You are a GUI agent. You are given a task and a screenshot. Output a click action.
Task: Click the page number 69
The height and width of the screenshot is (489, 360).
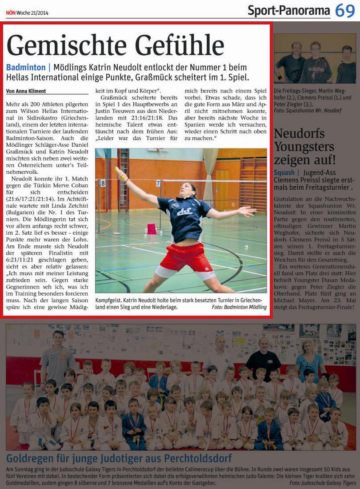coord(345,10)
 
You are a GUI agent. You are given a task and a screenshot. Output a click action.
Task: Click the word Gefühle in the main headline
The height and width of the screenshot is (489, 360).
coord(180,45)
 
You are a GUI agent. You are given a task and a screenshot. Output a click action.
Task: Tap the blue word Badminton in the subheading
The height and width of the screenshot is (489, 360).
coord(26,68)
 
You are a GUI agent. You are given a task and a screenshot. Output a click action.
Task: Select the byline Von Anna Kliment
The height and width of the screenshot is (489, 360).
coord(26,91)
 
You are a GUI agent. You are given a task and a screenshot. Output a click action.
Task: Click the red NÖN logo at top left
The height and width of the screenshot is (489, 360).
coord(11,13)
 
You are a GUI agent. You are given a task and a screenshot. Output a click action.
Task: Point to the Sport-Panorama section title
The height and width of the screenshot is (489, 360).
coord(288,10)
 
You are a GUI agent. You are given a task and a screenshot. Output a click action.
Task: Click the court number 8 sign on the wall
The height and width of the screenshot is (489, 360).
coord(103,183)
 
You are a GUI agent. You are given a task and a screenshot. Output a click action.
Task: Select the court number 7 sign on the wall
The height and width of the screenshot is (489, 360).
coord(158,183)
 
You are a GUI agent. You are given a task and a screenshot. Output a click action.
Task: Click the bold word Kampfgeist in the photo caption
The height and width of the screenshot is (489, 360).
coord(109,300)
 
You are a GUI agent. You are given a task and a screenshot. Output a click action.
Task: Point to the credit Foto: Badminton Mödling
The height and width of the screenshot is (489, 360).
coord(239,307)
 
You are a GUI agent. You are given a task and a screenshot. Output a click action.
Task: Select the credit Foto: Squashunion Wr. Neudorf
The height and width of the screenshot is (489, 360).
coord(308,110)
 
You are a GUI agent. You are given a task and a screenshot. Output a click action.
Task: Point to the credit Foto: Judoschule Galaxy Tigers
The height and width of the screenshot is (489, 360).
coord(322,483)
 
